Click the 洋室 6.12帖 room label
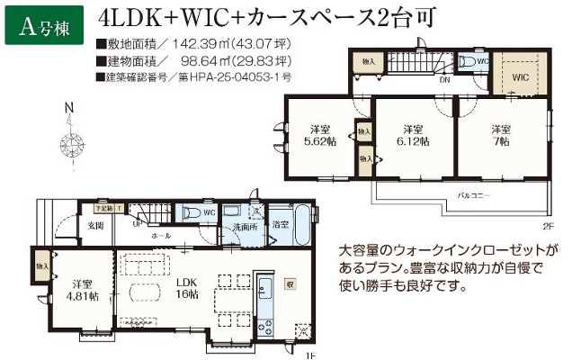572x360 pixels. coord(413,134)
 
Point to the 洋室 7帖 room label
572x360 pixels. coord(501,134)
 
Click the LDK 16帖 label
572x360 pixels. coord(186,287)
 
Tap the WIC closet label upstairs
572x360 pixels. coord(520,77)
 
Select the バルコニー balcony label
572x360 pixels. coord(473,193)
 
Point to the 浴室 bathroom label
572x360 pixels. coord(281,224)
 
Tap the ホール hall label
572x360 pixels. coord(161,235)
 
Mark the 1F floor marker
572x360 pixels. coord(308,355)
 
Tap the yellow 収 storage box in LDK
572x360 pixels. coord(290,283)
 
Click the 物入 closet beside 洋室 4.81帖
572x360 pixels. coord(41,266)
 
